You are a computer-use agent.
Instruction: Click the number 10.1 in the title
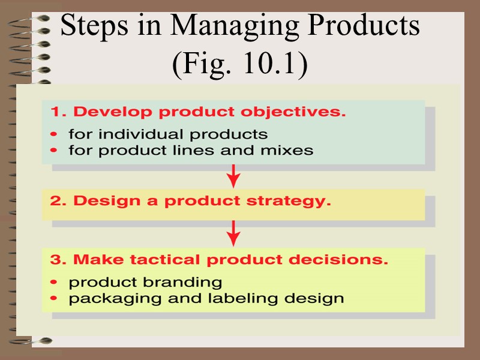click(x=269, y=65)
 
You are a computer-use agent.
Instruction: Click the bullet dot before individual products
click(x=55, y=133)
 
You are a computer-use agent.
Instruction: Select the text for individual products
click(x=168, y=133)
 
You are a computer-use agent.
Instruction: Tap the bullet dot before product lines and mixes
click(x=55, y=150)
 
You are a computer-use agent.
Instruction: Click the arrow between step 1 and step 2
click(x=234, y=176)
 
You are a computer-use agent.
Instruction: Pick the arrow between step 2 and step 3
click(x=234, y=233)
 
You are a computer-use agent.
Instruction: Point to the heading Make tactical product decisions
click(x=219, y=260)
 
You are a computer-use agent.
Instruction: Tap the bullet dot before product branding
click(x=55, y=281)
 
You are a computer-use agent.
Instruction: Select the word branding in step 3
click(x=187, y=282)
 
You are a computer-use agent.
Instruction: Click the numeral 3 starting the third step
click(x=55, y=260)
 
